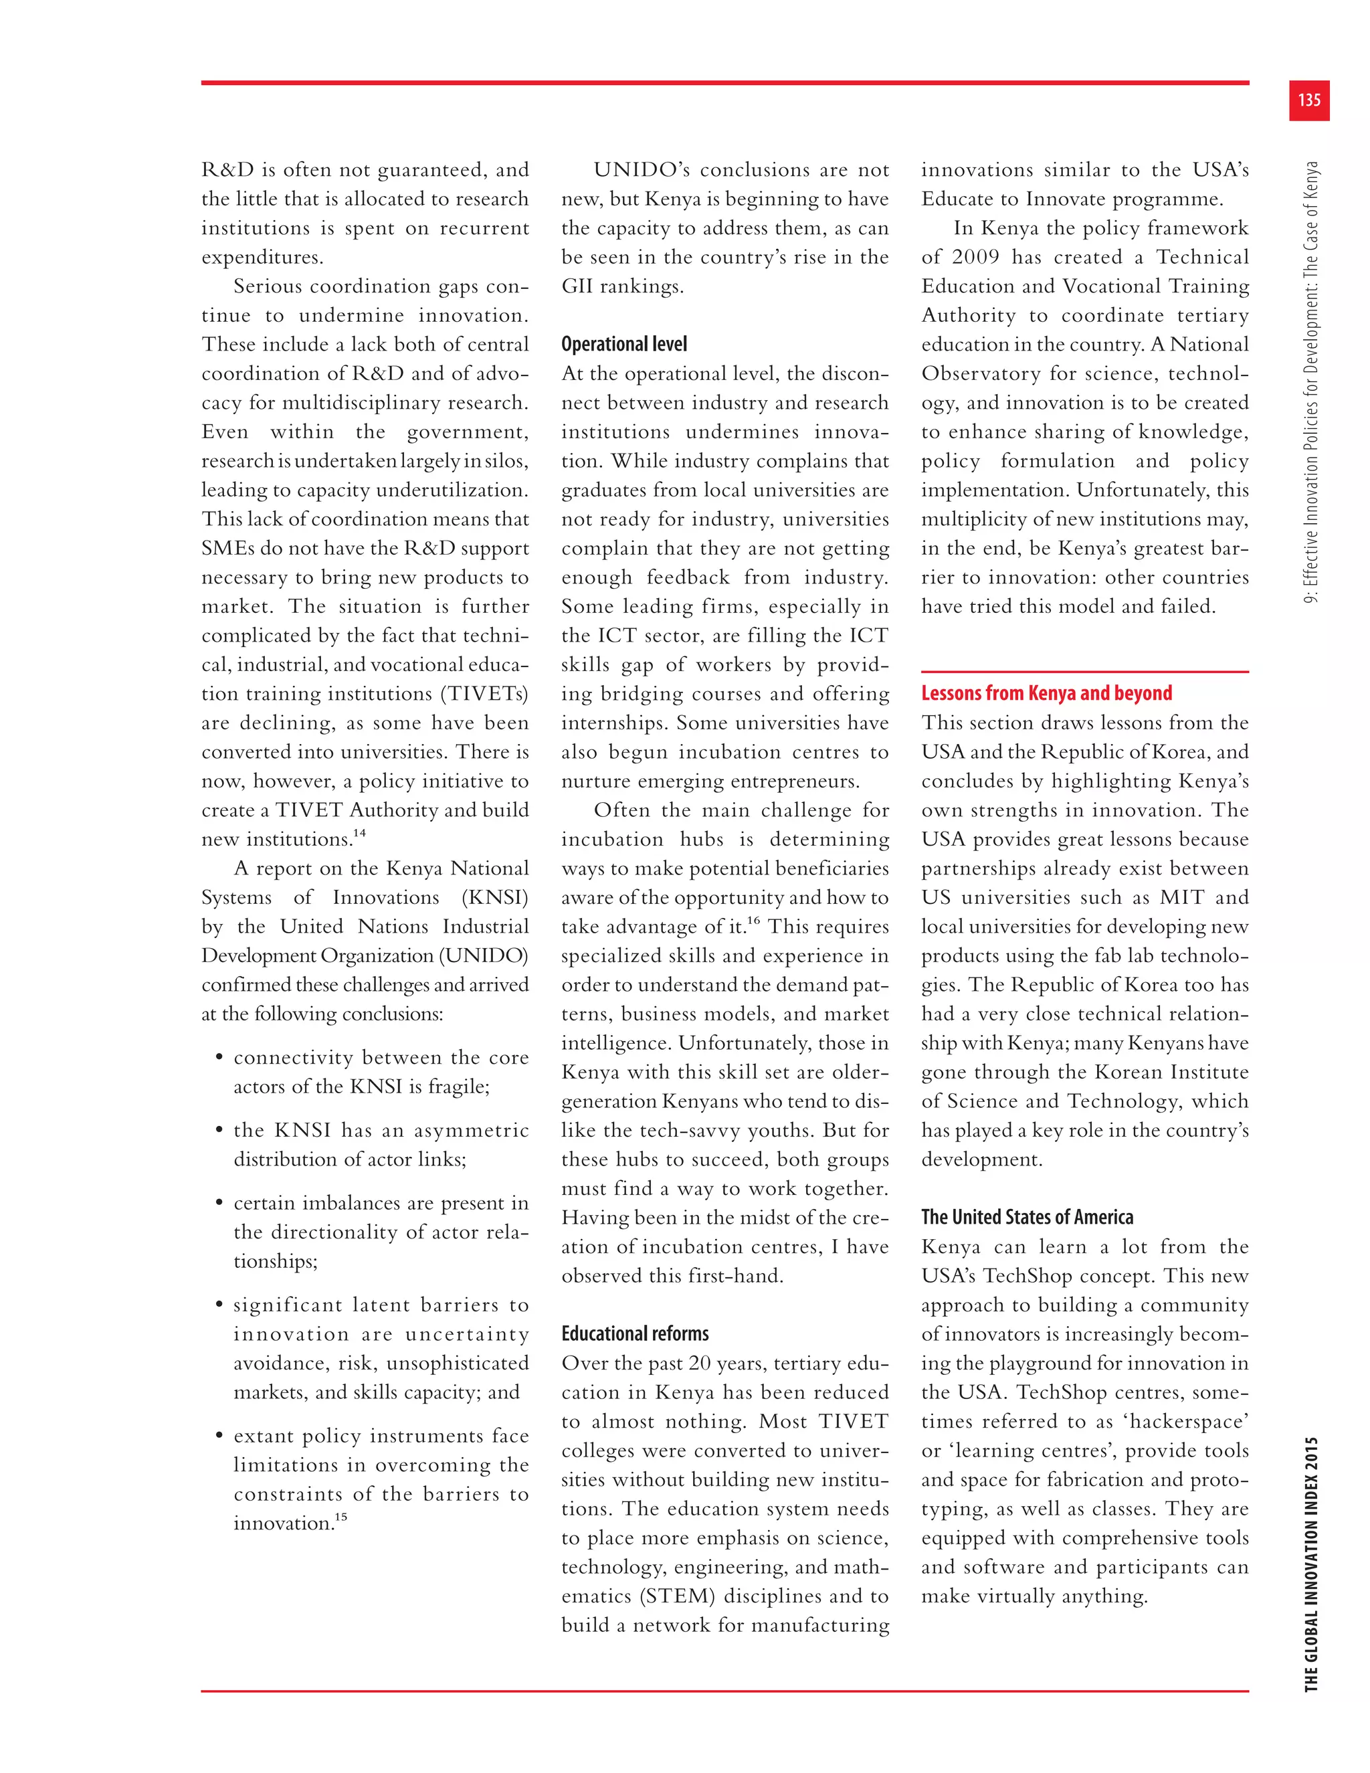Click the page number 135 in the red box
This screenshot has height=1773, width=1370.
coord(1308,100)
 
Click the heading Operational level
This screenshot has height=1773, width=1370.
coord(623,344)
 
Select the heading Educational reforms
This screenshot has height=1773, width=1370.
coord(635,1334)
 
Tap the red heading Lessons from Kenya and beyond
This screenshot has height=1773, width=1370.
coord(1046,693)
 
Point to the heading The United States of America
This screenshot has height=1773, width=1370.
coord(1027,1217)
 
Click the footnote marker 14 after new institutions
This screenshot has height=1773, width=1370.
coord(359,833)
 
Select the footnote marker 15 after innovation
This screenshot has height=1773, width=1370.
coord(341,1517)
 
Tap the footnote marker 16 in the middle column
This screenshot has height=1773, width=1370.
coord(754,920)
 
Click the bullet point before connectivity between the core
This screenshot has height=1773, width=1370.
coord(219,1058)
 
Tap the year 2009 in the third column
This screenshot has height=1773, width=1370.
coord(975,258)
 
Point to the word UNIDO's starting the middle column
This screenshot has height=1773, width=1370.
coord(640,171)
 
